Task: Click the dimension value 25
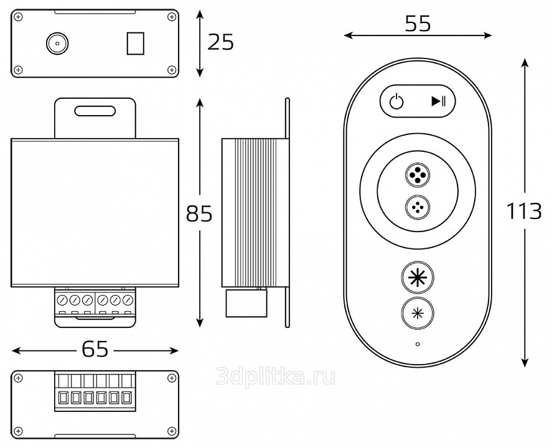221,42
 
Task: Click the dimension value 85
199,214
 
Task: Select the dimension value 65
95,350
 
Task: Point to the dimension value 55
418,24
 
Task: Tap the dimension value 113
523,212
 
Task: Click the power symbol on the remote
396,101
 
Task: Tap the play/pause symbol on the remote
438,101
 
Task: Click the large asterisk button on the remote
417,278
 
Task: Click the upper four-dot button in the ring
417,175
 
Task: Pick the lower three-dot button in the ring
417,207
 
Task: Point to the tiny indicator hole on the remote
417,343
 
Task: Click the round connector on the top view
57,43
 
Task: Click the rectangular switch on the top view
134,43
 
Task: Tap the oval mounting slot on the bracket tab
95,111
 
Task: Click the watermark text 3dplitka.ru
275,376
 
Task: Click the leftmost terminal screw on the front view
62,300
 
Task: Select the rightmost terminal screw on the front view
128,300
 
